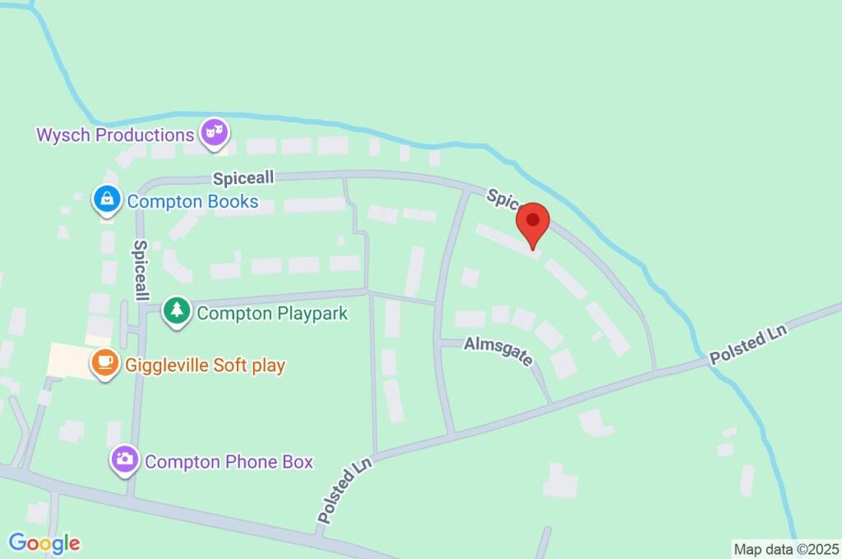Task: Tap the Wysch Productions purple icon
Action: (x=215, y=132)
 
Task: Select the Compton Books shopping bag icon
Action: (x=107, y=200)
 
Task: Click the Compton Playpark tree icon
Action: (x=175, y=312)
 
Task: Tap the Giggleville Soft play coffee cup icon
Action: (x=104, y=363)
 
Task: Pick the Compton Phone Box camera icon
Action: (x=124, y=460)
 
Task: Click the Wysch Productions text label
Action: (x=114, y=134)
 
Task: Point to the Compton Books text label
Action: (x=192, y=201)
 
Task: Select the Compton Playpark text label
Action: (x=272, y=313)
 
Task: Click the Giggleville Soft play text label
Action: (x=205, y=364)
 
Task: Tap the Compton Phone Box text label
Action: (x=229, y=462)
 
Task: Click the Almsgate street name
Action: (x=499, y=350)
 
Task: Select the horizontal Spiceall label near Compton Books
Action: (x=243, y=178)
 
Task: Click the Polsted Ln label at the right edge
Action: (x=748, y=344)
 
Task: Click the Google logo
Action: (x=44, y=543)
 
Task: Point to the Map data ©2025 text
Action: (x=785, y=548)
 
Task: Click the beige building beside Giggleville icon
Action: (x=71, y=360)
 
